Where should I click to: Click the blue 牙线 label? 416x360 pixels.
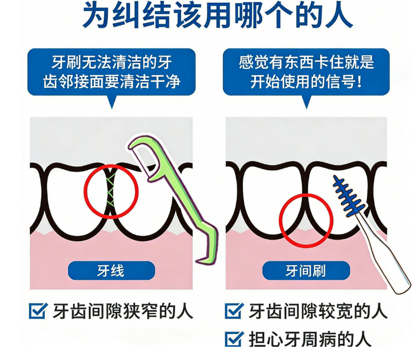(x=111, y=271)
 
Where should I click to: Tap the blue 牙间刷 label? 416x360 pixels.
(x=306, y=271)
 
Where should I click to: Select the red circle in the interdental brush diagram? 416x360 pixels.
(x=306, y=220)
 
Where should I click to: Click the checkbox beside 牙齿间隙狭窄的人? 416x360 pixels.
(x=38, y=311)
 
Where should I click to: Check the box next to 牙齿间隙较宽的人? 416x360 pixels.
(x=234, y=311)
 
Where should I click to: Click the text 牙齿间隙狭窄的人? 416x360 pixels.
(x=122, y=311)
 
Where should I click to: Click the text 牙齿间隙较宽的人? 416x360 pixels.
(x=318, y=311)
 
